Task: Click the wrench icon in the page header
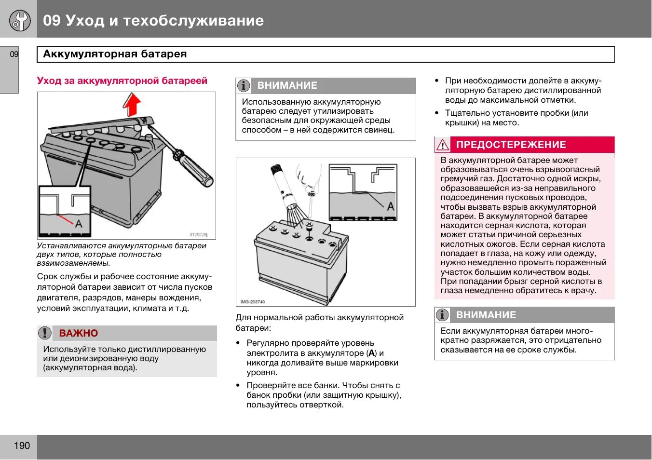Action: pyautogui.click(x=20, y=20)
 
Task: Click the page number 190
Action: pyautogui.click(x=22, y=446)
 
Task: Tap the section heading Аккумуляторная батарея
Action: pyautogui.click(x=115, y=54)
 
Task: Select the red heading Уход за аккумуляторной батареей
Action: pyautogui.click(x=122, y=81)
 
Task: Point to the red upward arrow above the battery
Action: pyautogui.click(x=132, y=103)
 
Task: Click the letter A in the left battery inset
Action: pyautogui.click(x=79, y=224)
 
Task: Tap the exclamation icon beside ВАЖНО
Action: pyautogui.click(x=44, y=333)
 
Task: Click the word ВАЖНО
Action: pyautogui.click(x=79, y=333)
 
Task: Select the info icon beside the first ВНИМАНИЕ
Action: pyautogui.click(x=244, y=85)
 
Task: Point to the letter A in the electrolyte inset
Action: pyautogui.click(x=390, y=206)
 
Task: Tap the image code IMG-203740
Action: pyautogui.click(x=253, y=302)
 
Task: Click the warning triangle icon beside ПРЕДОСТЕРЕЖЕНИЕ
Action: pyautogui.click(x=442, y=145)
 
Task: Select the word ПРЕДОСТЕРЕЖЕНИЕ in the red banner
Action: pyautogui.click(x=511, y=145)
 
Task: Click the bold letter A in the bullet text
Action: pyautogui.click(x=371, y=353)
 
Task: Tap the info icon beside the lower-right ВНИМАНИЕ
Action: pyautogui.click(x=442, y=315)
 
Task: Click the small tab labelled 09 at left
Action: pyautogui.click(x=14, y=54)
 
